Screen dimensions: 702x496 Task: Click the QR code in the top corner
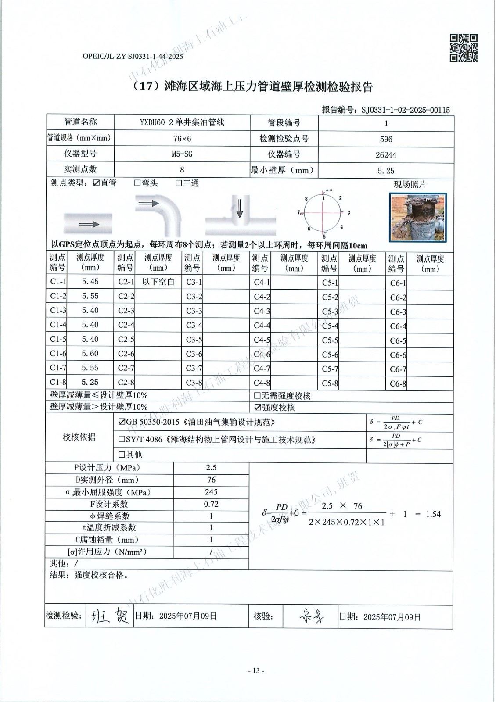464,48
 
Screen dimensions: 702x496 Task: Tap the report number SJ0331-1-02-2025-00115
406,110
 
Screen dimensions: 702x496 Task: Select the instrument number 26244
386,155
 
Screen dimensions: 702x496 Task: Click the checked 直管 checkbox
96,183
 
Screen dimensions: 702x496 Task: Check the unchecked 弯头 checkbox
137,183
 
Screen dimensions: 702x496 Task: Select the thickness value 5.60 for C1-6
90,354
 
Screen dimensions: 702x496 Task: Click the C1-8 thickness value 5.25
90,382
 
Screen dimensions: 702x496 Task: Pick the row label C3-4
194,325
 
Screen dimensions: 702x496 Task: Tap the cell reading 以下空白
158,282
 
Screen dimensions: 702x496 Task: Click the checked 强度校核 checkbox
258,408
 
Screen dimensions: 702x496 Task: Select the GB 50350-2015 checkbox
122,423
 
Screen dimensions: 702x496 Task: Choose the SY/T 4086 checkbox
122,439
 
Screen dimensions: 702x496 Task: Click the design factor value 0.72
211,504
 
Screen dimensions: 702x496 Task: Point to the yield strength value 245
211,492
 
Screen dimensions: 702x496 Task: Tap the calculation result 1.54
433,514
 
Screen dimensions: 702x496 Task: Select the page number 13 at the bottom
256,670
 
